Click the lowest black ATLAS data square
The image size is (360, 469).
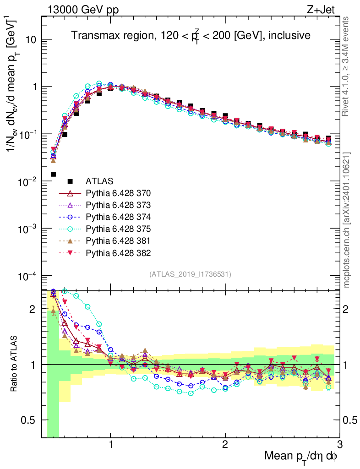53,174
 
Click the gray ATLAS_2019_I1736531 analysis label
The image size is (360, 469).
190,274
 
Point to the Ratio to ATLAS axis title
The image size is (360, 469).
15,364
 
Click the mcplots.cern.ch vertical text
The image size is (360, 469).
347,220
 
